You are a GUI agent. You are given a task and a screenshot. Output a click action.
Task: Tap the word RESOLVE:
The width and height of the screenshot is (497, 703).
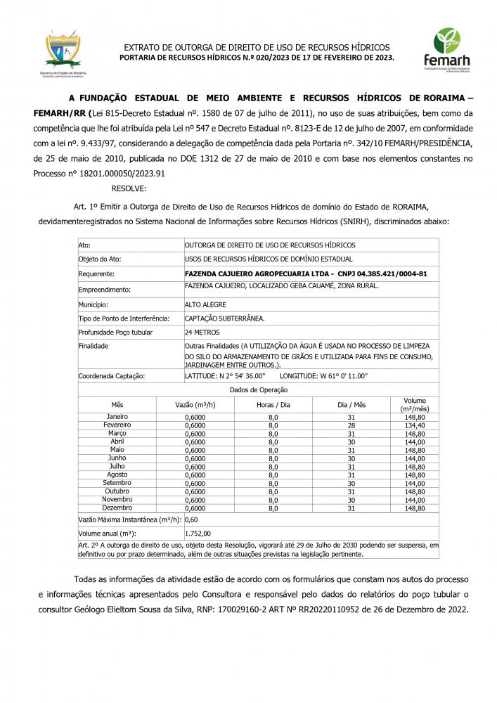pyautogui.click(x=129, y=188)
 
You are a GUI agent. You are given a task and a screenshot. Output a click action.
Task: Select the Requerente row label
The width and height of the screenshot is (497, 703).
pyautogui.click(x=96, y=273)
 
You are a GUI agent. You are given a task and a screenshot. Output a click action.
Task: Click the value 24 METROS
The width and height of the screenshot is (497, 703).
pyautogui.click(x=202, y=332)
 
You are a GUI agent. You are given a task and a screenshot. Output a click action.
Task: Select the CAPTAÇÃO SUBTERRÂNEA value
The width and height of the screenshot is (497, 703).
pyautogui.click(x=224, y=318)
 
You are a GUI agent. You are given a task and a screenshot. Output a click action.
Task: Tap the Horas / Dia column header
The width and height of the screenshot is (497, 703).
pyautogui.click(x=273, y=405)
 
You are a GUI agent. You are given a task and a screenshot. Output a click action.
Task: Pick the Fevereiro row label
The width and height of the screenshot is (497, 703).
pyautogui.click(x=117, y=425)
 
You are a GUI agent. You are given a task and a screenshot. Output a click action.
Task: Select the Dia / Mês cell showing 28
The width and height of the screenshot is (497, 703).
pyautogui.click(x=351, y=425)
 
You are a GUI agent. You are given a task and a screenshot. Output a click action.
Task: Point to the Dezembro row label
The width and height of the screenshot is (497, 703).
pyautogui.click(x=117, y=508)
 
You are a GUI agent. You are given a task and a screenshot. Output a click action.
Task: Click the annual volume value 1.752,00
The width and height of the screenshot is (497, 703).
pyautogui.click(x=198, y=534)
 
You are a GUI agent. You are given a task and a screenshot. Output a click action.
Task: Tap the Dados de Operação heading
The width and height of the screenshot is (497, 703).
pyautogui.click(x=258, y=389)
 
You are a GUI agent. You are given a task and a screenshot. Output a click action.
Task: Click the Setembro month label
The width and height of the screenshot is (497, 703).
pyautogui.click(x=117, y=483)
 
